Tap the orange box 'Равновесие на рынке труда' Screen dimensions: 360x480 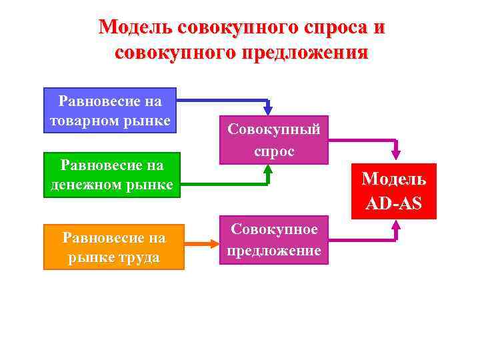pos(113,247)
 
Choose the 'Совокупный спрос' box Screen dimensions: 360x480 pos(273,140)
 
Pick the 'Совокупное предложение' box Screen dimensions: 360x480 pos(273,240)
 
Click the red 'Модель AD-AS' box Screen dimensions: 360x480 pos(393,191)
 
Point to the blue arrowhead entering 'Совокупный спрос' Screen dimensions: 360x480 pos(268,109)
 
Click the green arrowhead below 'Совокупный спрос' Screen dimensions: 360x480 pos(268,171)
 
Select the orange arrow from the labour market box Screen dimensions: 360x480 pos(204,245)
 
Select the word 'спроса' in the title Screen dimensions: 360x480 pos(331,27)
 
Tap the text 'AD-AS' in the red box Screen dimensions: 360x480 pos(393,203)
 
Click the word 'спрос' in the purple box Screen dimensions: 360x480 pos(273,151)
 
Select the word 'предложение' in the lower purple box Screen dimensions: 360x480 pos(273,251)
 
